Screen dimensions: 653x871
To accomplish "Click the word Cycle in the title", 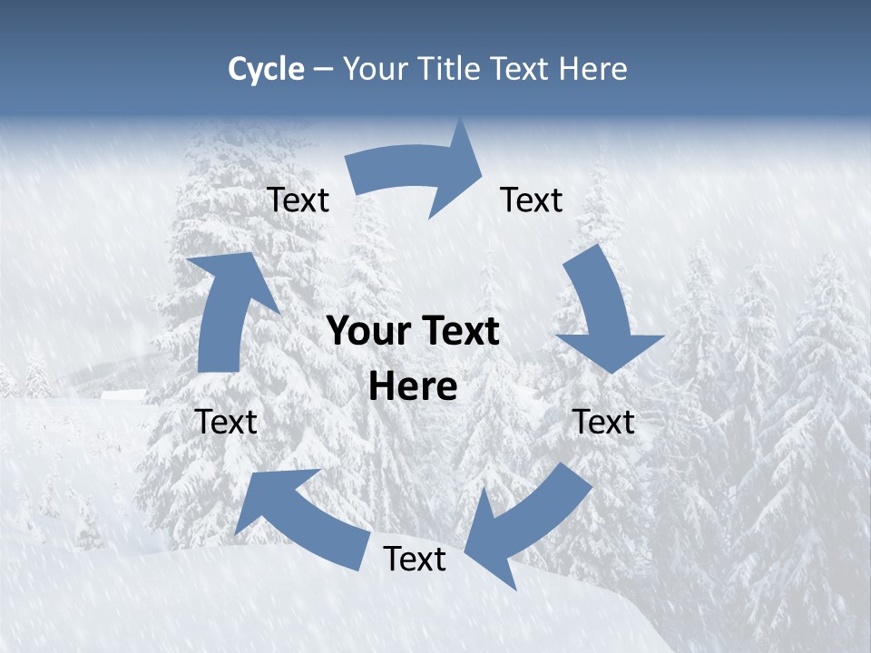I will pyautogui.click(x=266, y=69).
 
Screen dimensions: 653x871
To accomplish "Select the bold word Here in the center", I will pyautogui.click(x=413, y=387).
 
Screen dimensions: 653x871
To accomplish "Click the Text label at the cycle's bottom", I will pyautogui.click(x=415, y=560).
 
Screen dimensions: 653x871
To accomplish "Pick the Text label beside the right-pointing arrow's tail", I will pyautogui.click(x=298, y=200).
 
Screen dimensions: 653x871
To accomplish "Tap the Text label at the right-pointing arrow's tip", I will pyautogui.click(x=532, y=200).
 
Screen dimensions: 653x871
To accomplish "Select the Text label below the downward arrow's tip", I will pyautogui.click(x=604, y=423).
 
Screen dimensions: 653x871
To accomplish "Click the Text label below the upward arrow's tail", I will pyautogui.click(x=226, y=423).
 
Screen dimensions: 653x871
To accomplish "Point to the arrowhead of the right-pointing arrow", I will pyautogui.click(x=458, y=169).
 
